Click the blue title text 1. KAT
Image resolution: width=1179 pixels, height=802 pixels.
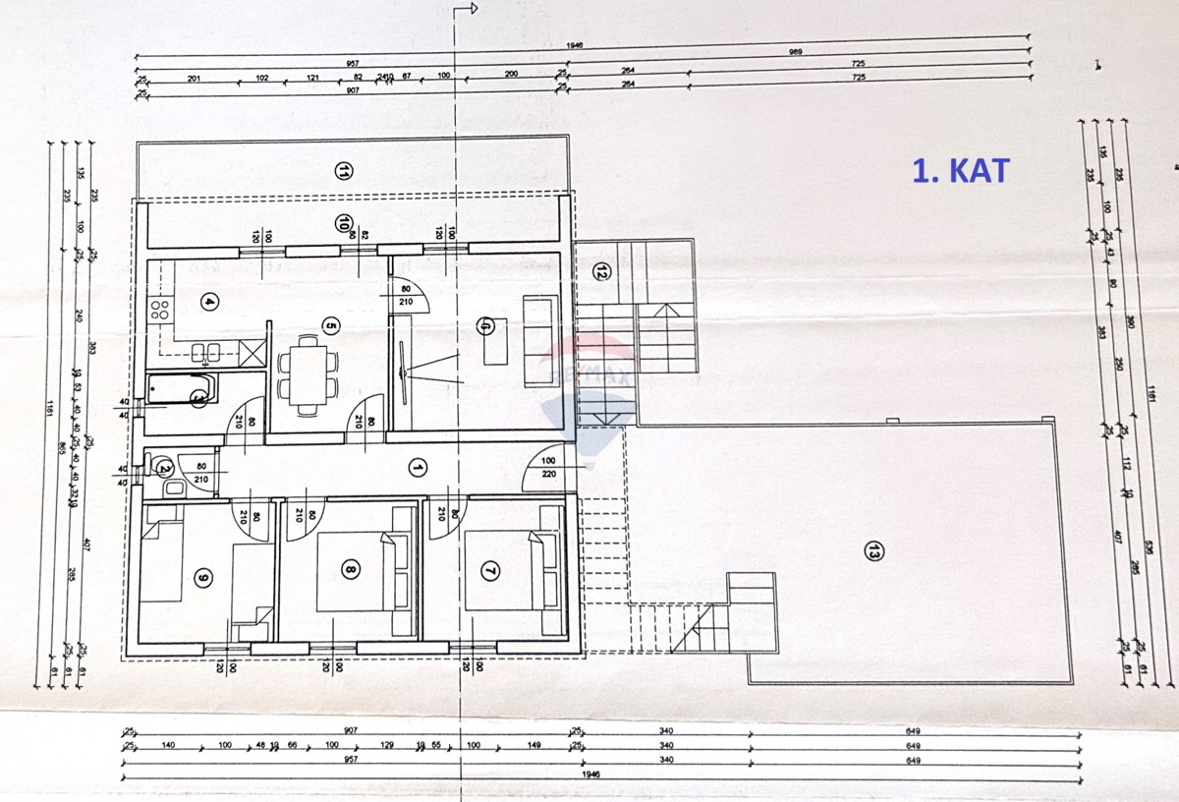tap(960, 170)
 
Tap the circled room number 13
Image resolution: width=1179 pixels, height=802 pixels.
tap(871, 552)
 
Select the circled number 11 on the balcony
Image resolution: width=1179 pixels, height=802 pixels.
tap(343, 172)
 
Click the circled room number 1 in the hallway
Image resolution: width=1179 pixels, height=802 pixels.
tap(417, 467)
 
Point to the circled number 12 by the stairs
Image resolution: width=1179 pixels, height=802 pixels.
tap(601, 274)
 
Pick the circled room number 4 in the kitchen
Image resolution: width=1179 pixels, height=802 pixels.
tap(208, 302)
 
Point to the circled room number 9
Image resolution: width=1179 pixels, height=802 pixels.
tap(203, 577)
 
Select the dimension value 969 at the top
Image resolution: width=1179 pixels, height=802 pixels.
tap(796, 52)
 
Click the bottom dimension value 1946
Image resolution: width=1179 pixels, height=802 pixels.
tap(588, 774)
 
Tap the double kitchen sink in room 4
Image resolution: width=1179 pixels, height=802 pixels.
tap(204, 351)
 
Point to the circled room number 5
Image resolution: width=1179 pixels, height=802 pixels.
tap(330, 326)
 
